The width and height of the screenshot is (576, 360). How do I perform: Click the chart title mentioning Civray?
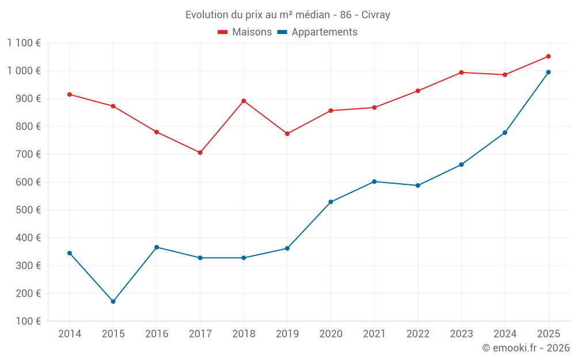287,14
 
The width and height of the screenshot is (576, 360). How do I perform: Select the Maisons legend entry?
245,32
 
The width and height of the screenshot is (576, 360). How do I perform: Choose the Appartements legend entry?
317,32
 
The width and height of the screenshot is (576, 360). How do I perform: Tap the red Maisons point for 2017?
200,153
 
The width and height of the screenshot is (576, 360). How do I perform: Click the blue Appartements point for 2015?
113,301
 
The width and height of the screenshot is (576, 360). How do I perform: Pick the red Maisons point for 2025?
548,56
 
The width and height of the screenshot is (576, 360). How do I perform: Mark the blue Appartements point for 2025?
548,72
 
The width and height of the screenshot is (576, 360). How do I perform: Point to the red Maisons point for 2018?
244,101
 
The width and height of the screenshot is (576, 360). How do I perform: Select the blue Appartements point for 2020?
331,202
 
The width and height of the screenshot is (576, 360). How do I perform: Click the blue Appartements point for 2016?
157,247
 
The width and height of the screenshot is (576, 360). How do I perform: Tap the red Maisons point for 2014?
70,94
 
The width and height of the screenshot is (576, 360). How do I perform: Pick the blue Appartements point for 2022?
418,185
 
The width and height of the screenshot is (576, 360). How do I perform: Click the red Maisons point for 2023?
461,73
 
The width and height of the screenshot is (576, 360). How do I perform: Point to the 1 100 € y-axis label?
24,43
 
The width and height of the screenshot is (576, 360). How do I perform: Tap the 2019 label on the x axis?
287,334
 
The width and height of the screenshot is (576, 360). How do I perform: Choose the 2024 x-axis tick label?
505,334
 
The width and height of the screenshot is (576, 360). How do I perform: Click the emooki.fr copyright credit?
525,348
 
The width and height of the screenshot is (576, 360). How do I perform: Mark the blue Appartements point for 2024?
505,133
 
